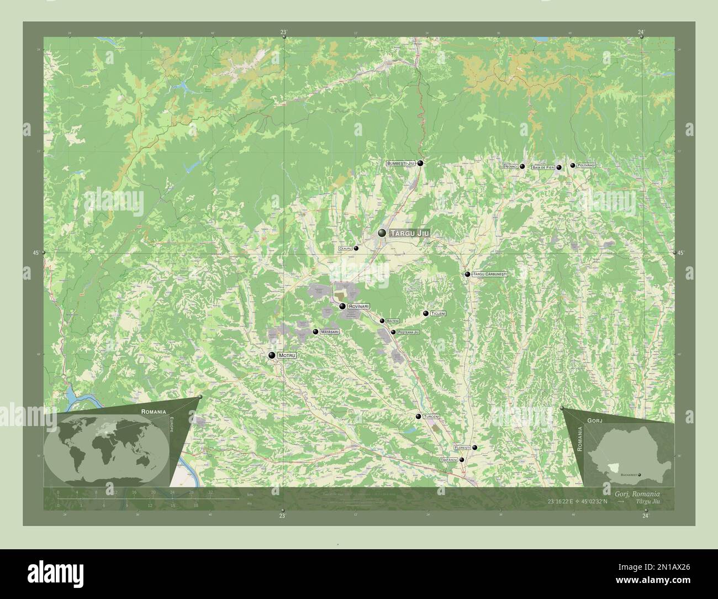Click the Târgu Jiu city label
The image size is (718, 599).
(409, 234)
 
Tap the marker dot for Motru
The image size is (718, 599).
(272, 355)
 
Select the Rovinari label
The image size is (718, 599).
(359, 306)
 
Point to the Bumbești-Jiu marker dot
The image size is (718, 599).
(420, 163)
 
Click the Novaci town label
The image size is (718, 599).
(511, 166)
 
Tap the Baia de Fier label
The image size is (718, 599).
(543, 167)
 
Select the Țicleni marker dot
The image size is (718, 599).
(425, 313)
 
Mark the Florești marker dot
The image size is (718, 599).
(474, 448)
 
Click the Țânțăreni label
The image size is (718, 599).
(449, 460)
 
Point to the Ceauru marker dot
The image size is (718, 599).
(356, 249)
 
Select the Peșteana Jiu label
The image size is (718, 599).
(409, 332)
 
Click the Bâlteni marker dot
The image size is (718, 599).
(382, 320)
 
